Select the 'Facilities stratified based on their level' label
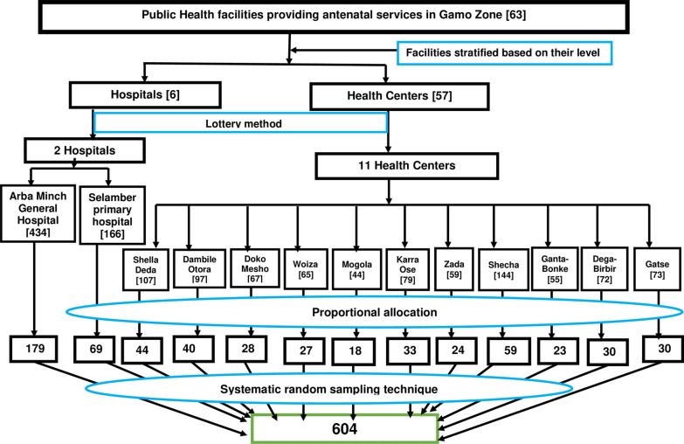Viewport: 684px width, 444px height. (507, 54)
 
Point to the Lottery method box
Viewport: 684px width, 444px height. (239, 123)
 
